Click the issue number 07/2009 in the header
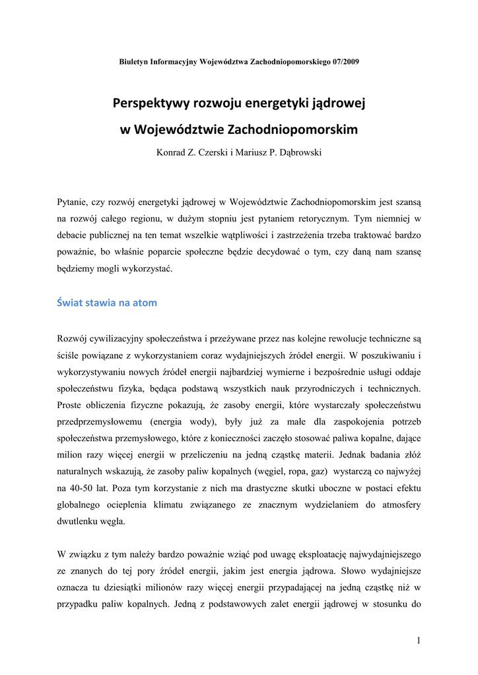click(x=345, y=61)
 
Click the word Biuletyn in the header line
click(x=134, y=61)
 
